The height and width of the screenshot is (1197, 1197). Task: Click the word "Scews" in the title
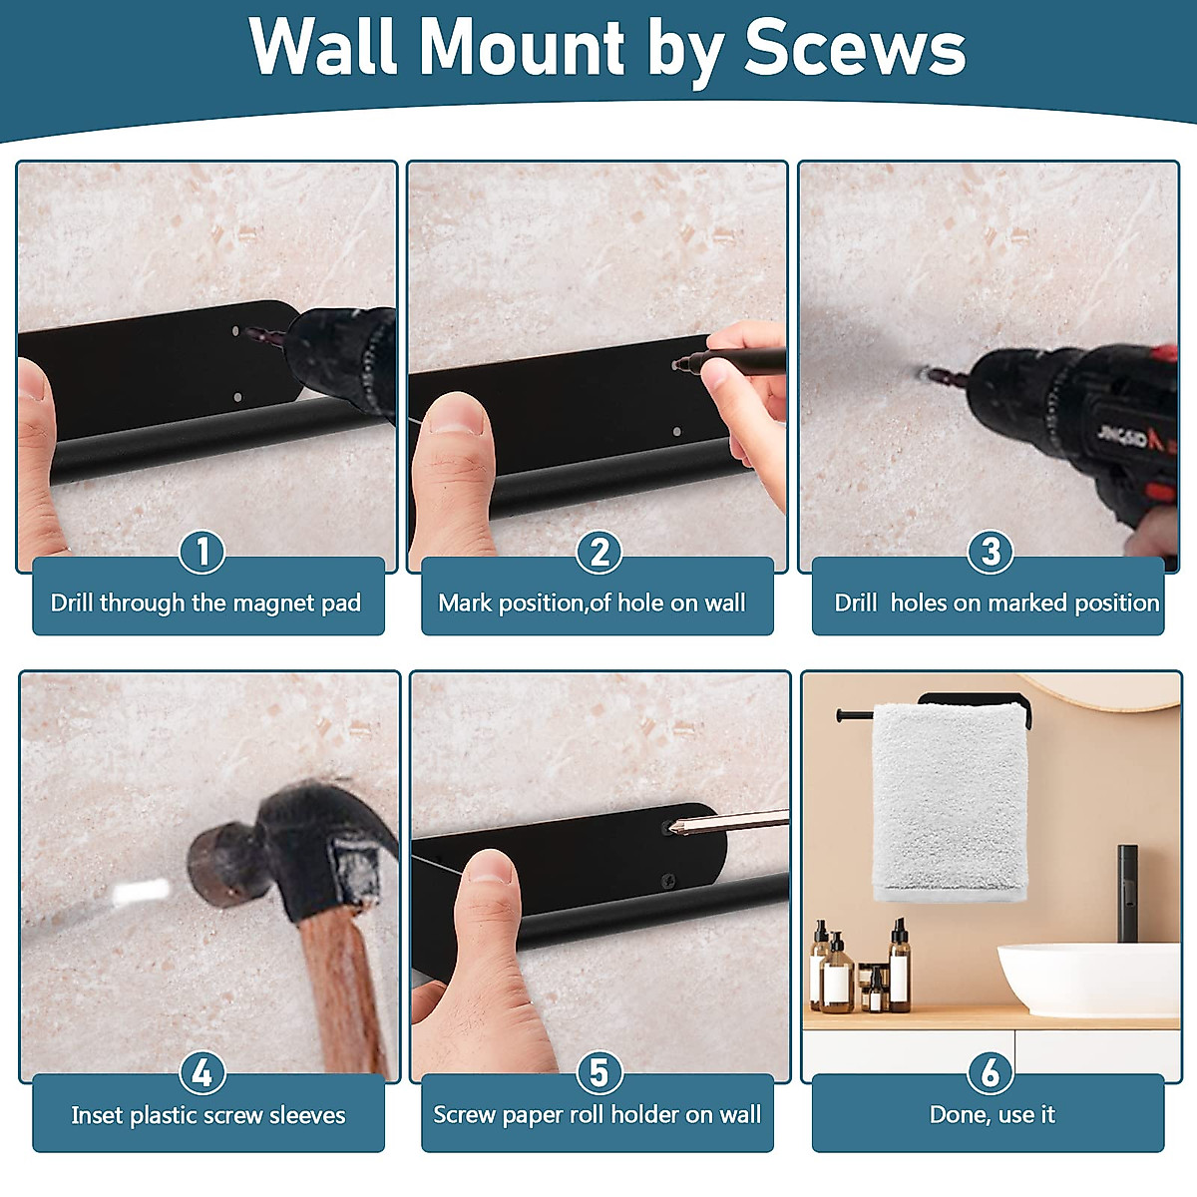tap(855, 48)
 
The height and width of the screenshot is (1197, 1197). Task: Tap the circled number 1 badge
tap(202, 552)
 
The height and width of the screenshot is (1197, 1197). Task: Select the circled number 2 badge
tap(599, 552)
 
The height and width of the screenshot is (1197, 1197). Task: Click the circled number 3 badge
tap(991, 552)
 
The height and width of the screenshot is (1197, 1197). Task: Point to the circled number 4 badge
tap(202, 1073)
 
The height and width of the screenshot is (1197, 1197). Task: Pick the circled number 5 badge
tap(598, 1073)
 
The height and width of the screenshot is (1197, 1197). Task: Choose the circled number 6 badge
tap(991, 1073)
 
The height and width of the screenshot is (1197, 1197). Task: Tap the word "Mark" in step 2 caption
tap(465, 603)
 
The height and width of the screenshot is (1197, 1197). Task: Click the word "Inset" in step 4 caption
tap(96, 1115)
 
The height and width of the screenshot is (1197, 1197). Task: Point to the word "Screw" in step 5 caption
tap(464, 1115)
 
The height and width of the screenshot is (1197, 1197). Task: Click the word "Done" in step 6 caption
tap(958, 1115)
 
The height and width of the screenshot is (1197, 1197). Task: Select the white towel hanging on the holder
tap(948, 798)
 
